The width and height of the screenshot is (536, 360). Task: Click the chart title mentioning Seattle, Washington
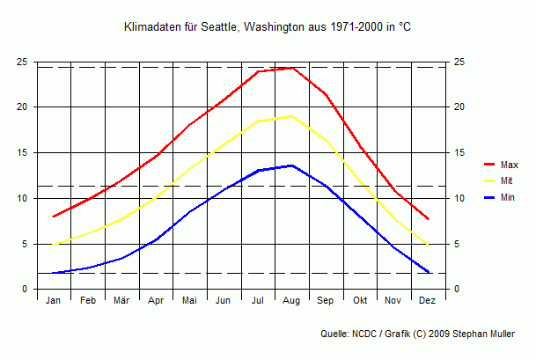click(268, 28)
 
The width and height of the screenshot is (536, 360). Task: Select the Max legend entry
click(509, 165)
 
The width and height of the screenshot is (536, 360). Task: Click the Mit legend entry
click(507, 180)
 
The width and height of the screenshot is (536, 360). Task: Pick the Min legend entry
click(508, 197)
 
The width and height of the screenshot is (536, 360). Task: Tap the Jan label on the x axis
click(54, 301)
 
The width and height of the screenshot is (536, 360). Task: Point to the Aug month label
click(291, 301)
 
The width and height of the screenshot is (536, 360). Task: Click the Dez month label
click(428, 301)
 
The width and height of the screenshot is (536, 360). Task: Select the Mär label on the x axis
click(121, 301)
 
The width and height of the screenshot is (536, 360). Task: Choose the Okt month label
click(360, 301)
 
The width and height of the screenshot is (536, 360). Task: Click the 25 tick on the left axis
click(21, 62)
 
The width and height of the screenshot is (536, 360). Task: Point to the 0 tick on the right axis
click(456, 290)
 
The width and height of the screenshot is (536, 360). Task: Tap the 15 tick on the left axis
click(21, 152)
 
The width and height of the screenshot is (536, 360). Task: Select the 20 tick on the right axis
click(459, 107)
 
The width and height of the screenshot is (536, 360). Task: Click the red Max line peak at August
click(292, 68)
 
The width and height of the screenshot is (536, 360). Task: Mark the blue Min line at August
click(292, 165)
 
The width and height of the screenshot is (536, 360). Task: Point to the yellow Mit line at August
click(292, 116)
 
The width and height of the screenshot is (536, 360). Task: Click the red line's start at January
click(54, 217)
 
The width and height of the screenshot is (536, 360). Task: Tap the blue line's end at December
click(428, 272)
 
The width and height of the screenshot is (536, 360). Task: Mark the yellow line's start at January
click(54, 245)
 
